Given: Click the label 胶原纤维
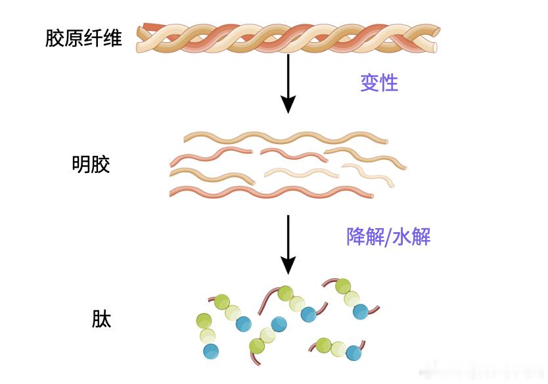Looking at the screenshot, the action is [x=83, y=38].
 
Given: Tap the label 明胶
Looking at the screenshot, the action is [x=91, y=164].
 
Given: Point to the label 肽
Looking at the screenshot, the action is [x=101, y=319].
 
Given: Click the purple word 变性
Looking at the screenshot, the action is [x=379, y=83].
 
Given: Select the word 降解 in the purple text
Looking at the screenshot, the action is [x=365, y=237].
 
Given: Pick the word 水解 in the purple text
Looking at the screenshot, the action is [x=412, y=237].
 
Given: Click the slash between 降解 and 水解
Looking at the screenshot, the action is [x=388, y=237].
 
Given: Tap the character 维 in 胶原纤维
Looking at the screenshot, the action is [x=112, y=38].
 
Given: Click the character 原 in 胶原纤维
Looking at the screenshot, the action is [x=74, y=38].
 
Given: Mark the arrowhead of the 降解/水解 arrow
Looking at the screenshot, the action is [x=288, y=266].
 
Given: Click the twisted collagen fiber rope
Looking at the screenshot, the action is [x=288, y=39].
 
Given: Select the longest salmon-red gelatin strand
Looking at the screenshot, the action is [x=271, y=192].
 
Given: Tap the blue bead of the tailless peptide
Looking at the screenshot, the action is [x=211, y=350].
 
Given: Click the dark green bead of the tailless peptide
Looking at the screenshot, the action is [x=204, y=321].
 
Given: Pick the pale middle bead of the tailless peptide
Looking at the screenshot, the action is [x=208, y=336].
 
